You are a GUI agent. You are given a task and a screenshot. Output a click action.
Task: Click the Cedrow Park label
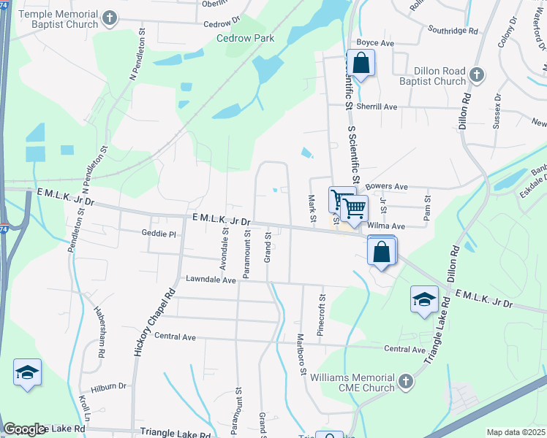coord(245,39)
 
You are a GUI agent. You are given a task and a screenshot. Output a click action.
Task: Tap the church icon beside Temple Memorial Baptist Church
coord(110,18)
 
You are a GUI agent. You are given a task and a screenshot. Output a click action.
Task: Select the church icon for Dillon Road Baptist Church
coord(476,75)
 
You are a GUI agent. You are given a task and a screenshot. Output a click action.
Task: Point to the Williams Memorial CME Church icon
coord(405,382)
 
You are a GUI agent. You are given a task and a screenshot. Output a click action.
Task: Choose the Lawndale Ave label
coord(211,280)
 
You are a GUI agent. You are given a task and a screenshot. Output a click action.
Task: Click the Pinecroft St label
coord(320,315)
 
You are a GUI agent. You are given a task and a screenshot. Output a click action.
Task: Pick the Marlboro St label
coord(301,354)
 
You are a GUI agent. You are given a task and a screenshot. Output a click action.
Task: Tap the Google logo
coord(24,429)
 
